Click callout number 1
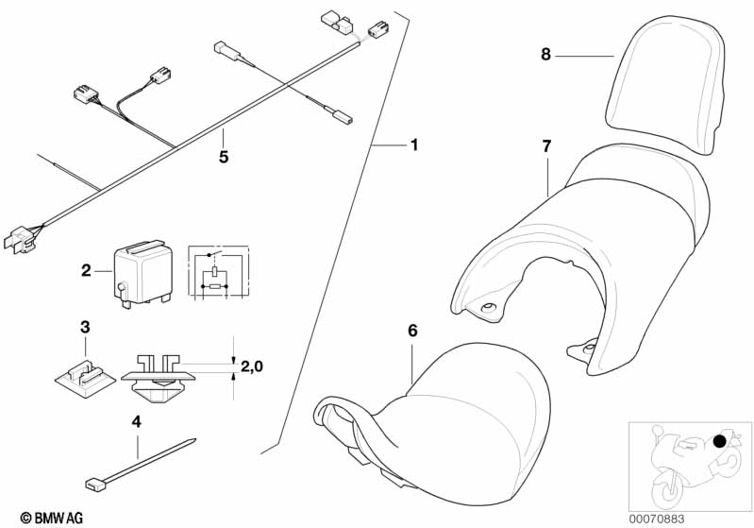coord(413,146)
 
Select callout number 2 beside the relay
coord(86,271)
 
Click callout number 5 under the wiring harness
coord(224,158)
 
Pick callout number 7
coord(545,145)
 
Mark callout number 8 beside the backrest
coord(545,55)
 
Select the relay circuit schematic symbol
coord(218,273)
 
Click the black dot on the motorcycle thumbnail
coord(720,440)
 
